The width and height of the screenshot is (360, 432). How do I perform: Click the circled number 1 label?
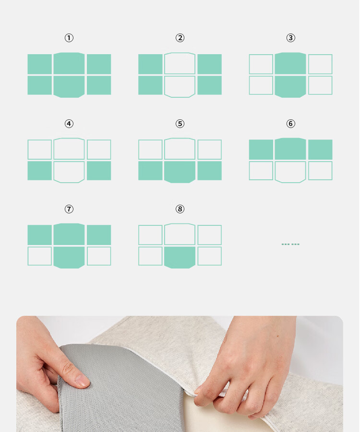coord(69,38)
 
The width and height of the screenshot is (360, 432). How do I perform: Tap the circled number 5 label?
coord(180,123)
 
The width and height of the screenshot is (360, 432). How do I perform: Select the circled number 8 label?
coord(180,209)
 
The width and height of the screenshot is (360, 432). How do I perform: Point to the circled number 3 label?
coord(290,38)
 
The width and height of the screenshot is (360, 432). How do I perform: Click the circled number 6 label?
coord(290,123)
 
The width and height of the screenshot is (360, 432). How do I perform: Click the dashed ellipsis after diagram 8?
coord(290,244)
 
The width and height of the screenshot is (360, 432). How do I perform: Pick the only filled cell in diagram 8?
coord(180,257)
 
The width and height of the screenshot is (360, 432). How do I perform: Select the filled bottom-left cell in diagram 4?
coord(40,171)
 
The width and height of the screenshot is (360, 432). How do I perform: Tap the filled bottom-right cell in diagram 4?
coord(99,171)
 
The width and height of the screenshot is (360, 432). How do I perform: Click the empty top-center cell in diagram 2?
coord(180,63)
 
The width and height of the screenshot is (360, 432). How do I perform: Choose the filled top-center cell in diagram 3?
coord(290,63)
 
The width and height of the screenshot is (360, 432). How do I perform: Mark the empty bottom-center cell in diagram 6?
coord(290,172)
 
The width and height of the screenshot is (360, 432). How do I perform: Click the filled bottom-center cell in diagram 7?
coord(69,257)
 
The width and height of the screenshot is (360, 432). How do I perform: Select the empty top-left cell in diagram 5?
coord(150,150)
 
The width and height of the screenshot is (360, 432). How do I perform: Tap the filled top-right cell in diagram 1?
coord(99,64)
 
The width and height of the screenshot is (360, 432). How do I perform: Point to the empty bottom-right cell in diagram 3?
coord(320,85)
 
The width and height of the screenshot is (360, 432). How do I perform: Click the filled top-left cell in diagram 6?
coord(261,150)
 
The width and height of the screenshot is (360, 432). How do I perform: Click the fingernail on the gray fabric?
coord(82,381)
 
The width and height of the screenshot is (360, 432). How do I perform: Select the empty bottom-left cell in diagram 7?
coord(40,256)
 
